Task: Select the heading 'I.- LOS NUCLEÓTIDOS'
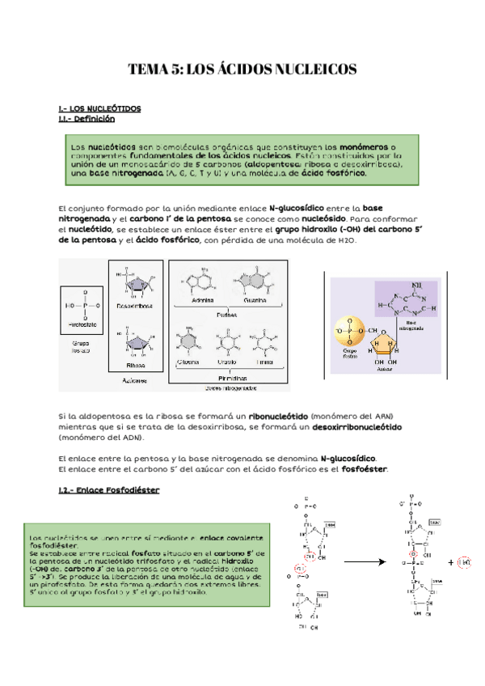(100, 108)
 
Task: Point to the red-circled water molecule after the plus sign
(463, 561)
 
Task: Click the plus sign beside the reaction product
(449, 561)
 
